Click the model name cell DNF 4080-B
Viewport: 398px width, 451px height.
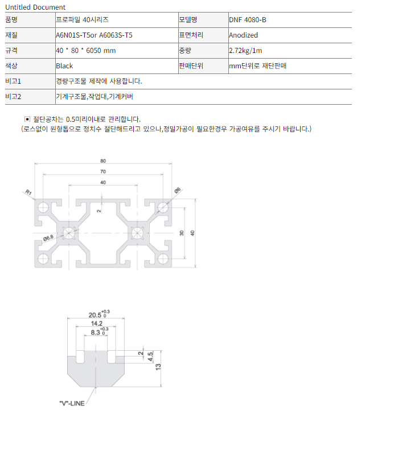pos(248,20)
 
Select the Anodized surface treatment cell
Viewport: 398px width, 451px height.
pos(243,35)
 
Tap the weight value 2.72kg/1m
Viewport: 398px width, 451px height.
pos(245,51)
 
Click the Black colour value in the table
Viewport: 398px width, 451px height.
pos(64,66)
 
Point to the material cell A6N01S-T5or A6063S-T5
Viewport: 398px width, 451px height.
pos(94,35)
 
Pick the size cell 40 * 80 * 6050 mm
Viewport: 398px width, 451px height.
pos(86,51)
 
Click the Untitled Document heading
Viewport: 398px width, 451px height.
pos(35,7)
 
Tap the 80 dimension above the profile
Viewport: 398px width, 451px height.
pos(103,161)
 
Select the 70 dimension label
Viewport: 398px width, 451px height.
pos(103,171)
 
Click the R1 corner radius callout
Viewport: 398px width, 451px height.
pos(28,192)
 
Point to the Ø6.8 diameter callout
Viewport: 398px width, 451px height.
pos(48,238)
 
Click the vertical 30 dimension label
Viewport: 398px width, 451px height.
pos(182,233)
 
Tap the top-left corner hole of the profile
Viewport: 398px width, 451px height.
pos(43,207)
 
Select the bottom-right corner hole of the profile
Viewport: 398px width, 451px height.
pos(163,259)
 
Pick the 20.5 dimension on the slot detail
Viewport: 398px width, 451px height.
pos(95,315)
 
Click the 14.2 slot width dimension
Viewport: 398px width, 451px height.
pos(97,323)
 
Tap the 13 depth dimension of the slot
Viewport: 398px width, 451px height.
pos(158,367)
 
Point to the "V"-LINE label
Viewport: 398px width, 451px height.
pos(72,403)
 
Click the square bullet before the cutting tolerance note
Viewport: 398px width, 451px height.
pos(27,119)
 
